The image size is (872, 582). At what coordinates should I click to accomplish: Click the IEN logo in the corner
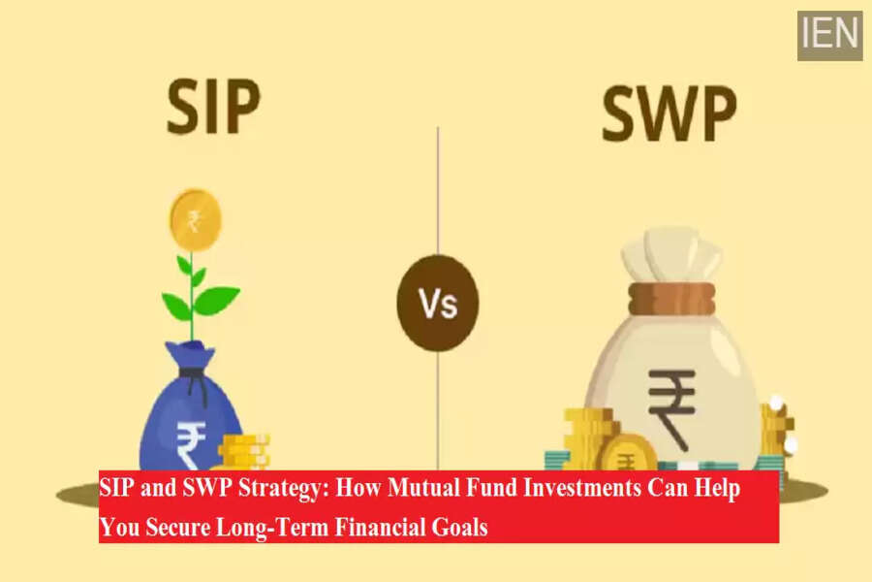click(x=829, y=36)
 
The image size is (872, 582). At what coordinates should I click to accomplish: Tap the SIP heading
click(x=213, y=107)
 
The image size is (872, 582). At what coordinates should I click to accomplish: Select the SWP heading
click(x=670, y=114)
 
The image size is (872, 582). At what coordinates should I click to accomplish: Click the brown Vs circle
click(x=438, y=303)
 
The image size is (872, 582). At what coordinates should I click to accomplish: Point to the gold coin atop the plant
click(x=195, y=220)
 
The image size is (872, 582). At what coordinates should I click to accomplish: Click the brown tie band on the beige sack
click(x=671, y=299)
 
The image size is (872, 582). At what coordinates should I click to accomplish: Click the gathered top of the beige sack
click(x=671, y=254)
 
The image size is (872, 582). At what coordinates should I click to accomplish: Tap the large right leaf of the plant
click(x=217, y=299)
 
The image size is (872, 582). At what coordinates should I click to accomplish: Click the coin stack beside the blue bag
click(x=243, y=452)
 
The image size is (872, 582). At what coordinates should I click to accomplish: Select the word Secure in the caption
click(x=177, y=527)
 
